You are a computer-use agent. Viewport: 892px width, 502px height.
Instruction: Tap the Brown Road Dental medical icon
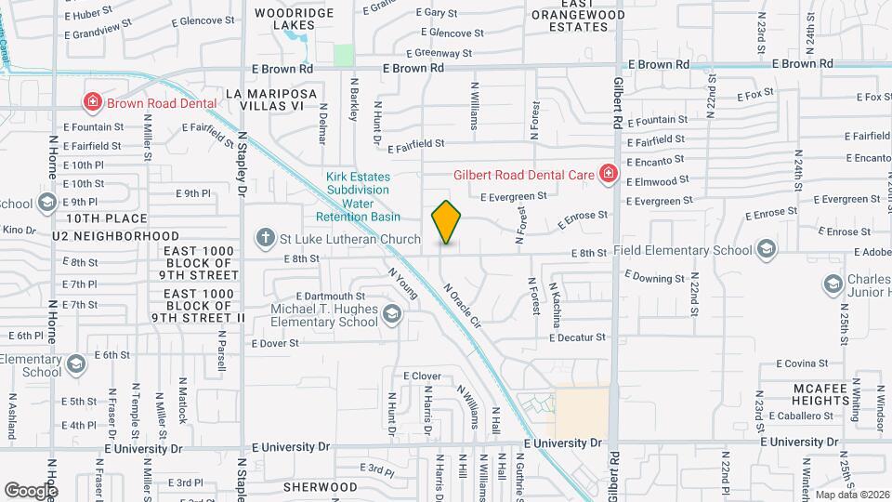click(93, 102)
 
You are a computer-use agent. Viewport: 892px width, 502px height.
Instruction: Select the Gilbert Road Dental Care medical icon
click(608, 174)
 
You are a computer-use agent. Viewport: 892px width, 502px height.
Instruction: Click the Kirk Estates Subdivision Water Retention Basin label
click(358, 196)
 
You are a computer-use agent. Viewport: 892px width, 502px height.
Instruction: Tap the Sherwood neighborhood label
click(320, 487)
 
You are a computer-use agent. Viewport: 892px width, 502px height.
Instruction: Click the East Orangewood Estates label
click(570, 20)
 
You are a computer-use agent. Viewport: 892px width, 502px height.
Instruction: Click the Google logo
click(31, 490)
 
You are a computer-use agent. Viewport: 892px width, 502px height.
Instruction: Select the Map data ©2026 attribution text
click(850, 494)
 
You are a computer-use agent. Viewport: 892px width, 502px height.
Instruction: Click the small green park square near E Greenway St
click(344, 55)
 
